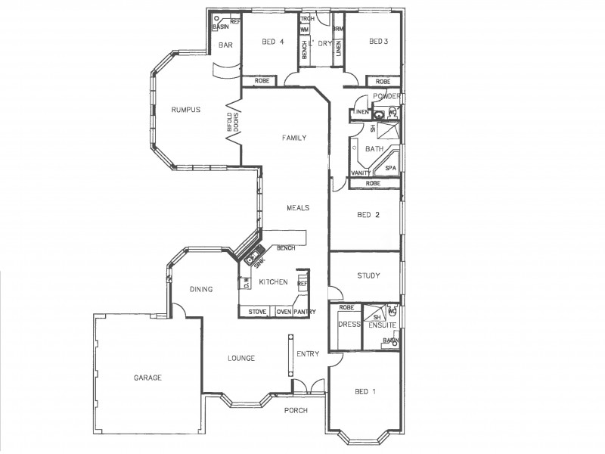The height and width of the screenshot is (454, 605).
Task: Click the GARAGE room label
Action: [x=148, y=378]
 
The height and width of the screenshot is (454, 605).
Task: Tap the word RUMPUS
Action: [x=185, y=110]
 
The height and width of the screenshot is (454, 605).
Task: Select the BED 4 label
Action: [x=273, y=42]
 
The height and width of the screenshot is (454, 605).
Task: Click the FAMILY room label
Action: [x=293, y=138]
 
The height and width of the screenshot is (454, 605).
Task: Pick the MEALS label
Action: [x=298, y=207]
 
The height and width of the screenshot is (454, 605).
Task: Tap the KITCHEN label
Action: [x=273, y=282]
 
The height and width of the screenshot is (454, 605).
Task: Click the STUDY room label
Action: [x=368, y=275]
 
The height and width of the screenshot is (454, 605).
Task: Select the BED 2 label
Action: [x=368, y=215]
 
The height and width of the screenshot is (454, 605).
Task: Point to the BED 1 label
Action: [x=365, y=391]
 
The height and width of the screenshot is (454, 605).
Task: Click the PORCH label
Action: [x=296, y=411]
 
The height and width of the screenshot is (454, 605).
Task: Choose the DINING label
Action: [x=201, y=289]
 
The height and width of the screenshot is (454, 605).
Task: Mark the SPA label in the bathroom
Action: [x=391, y=168]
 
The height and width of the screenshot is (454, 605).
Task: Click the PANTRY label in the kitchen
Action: [x=305, y=312]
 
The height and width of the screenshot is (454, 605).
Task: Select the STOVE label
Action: [x=257, y=312]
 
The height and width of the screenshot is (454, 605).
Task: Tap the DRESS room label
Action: [x=348, y=324]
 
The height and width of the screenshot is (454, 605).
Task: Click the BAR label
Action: [x=225, y=45]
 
